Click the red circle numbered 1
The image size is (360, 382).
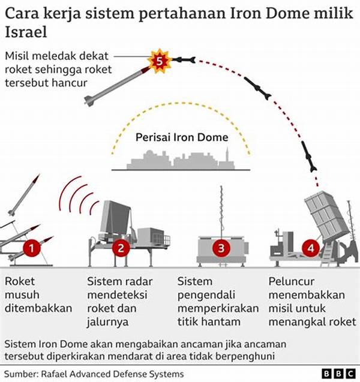tap(31, 248)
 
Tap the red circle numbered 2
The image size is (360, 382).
tap(121, 248)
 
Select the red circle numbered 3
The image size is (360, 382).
tap(221, 248)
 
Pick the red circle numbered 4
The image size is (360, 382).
tap(311, 248)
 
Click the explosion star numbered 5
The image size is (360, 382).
tap(160, 61)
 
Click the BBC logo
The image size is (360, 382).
tap(338, 374)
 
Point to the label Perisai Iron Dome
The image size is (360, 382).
tap(182, 137)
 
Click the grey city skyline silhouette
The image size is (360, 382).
tap(181, 159)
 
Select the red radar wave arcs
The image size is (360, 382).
tap(79, 195)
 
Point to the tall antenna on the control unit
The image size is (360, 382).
tap(221, 211)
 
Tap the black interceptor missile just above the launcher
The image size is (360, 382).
tap(309, 156)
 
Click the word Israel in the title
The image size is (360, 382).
tap(26, 32)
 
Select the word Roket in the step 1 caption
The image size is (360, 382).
tap(20, 281)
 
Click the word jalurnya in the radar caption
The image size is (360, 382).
tap(108, 322)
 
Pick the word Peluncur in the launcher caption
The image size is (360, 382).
tap(292, 281)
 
